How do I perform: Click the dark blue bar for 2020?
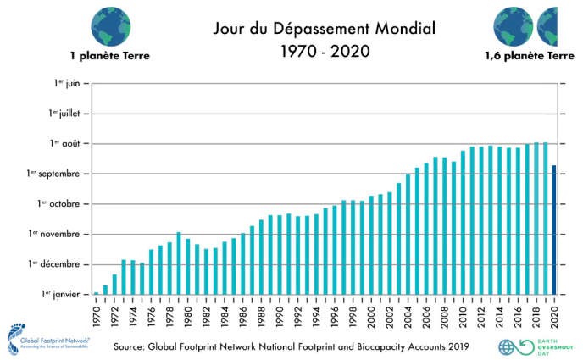coord(554,230)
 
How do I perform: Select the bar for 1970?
coord(97,293)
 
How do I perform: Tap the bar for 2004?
coord(408,234)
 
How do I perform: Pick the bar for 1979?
coord(179,263)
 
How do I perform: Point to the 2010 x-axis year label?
coord(463,313)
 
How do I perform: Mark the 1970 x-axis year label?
coord(97,313)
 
